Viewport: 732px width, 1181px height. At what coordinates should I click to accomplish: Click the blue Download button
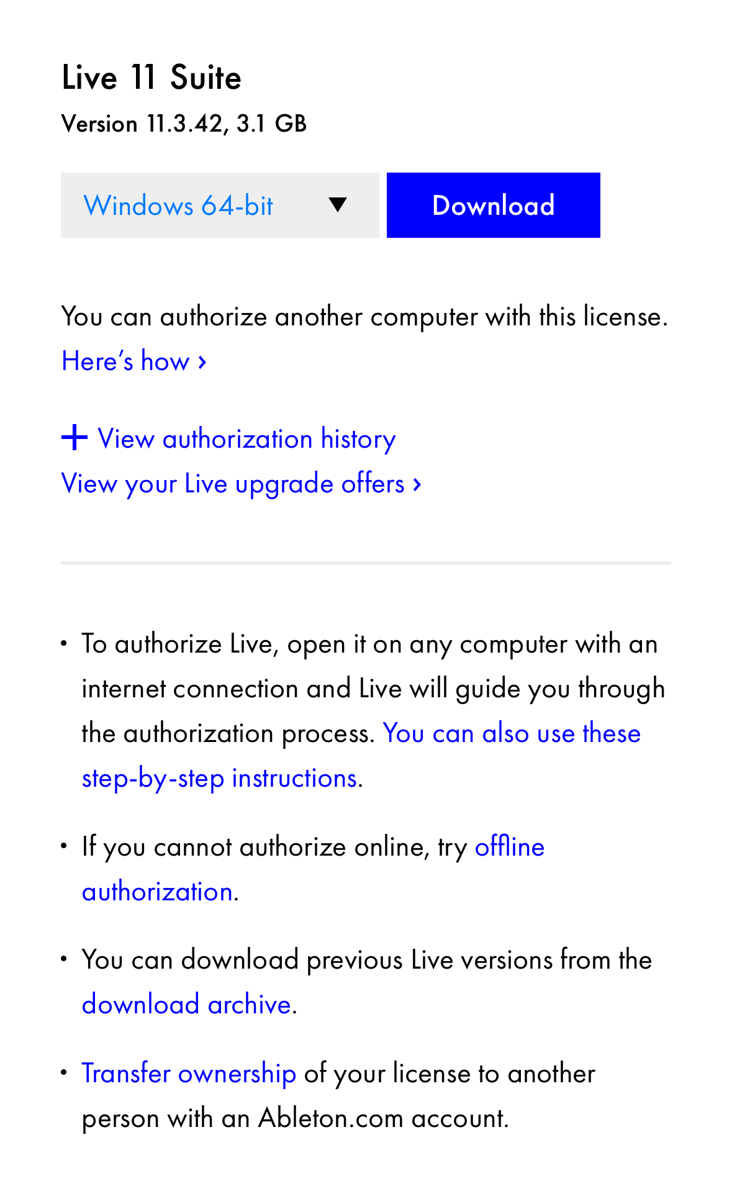pyautogui.click(x=493, y=206)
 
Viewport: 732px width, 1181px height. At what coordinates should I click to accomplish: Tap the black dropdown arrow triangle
pyautogui.click(x=337, y=204)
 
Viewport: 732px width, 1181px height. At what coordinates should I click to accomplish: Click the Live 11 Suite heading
pyautogui.click(x=151, y=78)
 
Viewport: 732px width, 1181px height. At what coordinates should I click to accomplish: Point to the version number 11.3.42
pyautogui.click(x=184, y=124)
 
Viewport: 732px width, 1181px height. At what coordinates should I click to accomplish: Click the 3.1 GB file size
pyautogui.click(x=271, y=124)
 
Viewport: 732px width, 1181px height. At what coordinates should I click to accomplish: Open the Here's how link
pyautogui.click(x=133, y=361)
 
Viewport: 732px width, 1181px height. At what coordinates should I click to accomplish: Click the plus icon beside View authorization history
pyautogui.click(x=75, y=438)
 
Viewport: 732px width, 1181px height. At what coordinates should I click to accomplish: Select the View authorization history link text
pyautogui.click(x=246, y=439)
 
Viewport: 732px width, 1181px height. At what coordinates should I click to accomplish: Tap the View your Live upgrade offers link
pyautogui.click(x=241, y=484)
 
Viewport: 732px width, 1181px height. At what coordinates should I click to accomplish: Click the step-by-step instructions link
pyautogui.click(x=220, y=778)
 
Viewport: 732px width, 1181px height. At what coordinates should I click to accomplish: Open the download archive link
pyautogui.click(x=186, y=1004)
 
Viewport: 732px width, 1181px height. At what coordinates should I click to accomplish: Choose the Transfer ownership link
pyautogui.click(x=189, y=1074)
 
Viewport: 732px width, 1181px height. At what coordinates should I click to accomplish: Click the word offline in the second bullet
pyautogui.click(x=509, y=847)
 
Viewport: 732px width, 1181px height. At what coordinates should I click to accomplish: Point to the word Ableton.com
pyautogui.click(x=331, y=1118)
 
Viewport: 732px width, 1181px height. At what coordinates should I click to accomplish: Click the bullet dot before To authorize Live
pyautogui.click(x=64, y=643)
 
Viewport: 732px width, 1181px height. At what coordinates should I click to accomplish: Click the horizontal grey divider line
pyautogui.click(x=366, y=563)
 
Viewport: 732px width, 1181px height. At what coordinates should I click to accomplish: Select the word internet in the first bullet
pyautogui.click(x=124, y=689)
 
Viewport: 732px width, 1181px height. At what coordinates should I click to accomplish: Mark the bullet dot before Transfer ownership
pyautogui.click(x=64, y=1072)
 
